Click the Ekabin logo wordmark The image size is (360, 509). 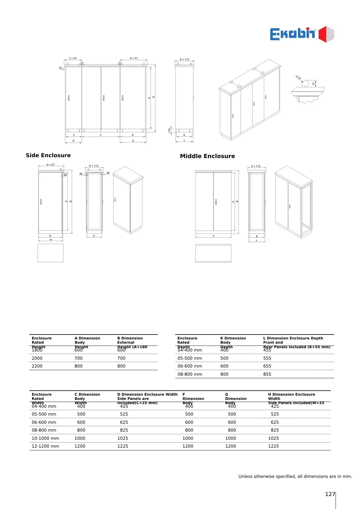(292, 34)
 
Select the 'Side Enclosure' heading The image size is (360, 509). (48, 155)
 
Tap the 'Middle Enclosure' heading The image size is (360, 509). (207, 156)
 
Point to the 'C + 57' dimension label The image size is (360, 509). (73, 58)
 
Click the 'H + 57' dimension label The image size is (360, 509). (134, 58)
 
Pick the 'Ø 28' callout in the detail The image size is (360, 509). (299, 78)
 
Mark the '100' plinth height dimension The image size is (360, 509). (169, 130)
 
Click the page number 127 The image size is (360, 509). (330, 494)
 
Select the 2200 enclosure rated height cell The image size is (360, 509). (37, 366)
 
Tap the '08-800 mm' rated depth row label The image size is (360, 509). (190, 374)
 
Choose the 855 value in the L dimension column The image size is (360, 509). (267, 374)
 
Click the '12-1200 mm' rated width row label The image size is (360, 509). (45, 446)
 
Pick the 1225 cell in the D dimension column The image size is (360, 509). (123, 446)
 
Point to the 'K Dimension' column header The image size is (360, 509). (233, 338)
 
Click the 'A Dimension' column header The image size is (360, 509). (87, 338)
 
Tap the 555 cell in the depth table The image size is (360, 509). (267, 358)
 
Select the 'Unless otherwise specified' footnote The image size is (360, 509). (295, 476)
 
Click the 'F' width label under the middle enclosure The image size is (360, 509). (213, 236)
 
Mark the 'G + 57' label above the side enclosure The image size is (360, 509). (50, 165)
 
